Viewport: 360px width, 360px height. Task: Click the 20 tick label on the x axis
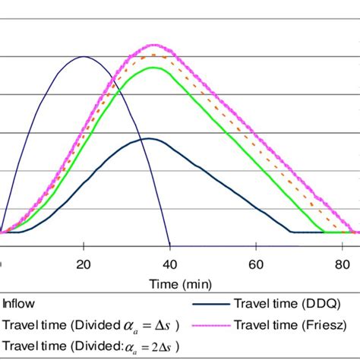84,264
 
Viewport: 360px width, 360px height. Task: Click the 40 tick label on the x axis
170,264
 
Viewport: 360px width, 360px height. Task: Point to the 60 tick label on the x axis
257,264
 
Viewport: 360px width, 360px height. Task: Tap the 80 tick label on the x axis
343,264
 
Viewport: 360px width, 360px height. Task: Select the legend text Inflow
18,302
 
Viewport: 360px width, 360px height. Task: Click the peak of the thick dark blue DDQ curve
149,138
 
